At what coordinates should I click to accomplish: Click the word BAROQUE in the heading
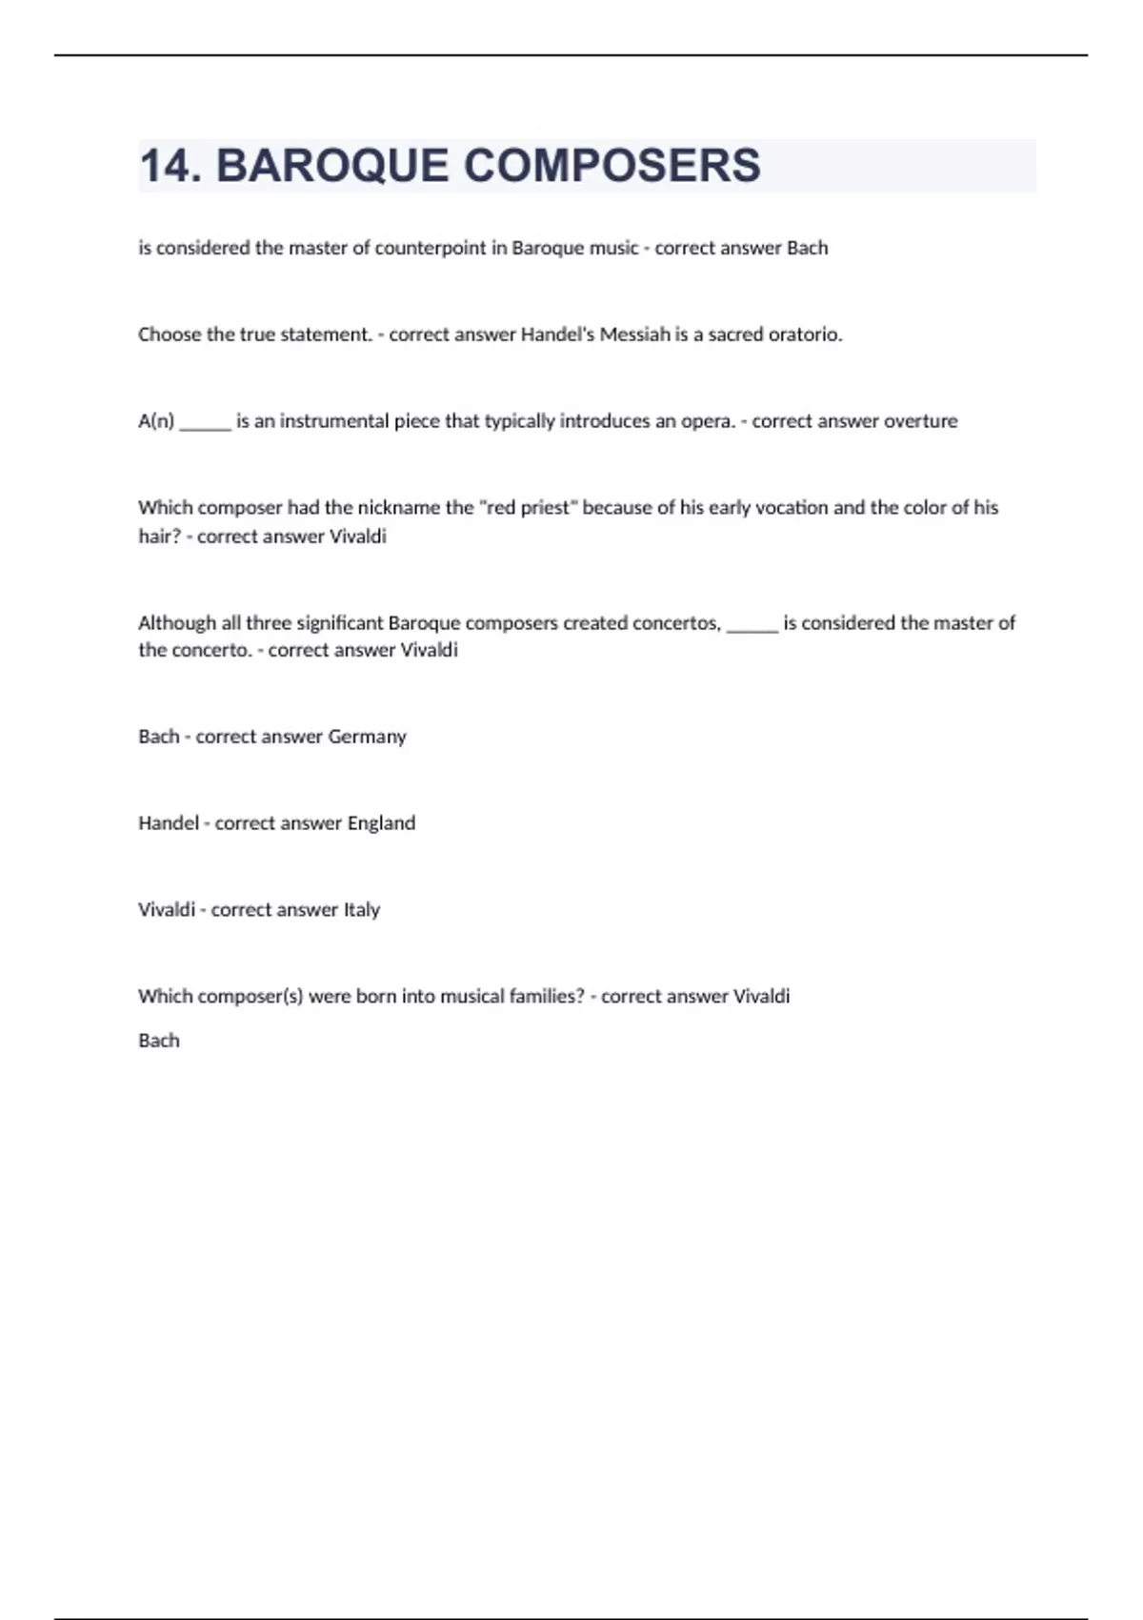pyautogui.click(x=331, y=166)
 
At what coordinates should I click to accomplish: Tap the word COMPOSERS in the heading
pyautogui.click(x=612, y=166)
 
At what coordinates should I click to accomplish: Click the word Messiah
pyautogui.click(x=634, y=334)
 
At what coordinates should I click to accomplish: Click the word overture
pyautogui.click(x=920, y=421)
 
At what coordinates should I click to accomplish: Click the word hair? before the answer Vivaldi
pyautogui.click(x=159, y=537)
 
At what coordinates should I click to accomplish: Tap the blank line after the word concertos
pyautogui.click(x=752, y=627)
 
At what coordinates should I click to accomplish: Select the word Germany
pyautogui.click(x=367, y=737)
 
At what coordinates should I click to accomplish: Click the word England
pyautogui.click(x=381, y=823)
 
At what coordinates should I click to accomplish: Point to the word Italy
pyautogui.click(x=362, y=910)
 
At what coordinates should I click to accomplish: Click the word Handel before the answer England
pyautogui.click(x=168, y=823)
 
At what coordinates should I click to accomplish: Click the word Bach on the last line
pyautogui.click(x=158, y=1041)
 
